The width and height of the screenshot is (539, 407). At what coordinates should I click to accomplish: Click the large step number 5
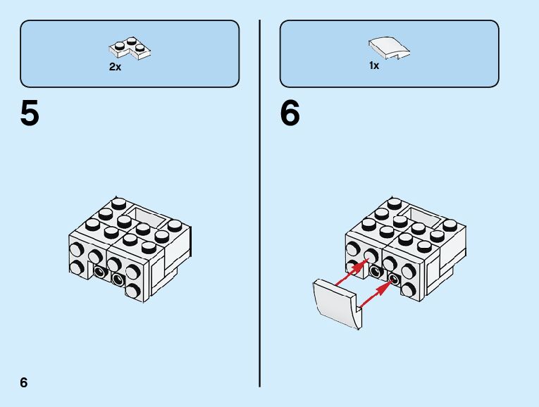point(30,115)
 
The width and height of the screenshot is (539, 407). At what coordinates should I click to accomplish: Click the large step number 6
point(290,115)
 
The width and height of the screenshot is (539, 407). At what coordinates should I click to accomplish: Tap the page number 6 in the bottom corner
point(24,382)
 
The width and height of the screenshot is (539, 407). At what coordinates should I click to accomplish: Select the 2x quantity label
point(115,67)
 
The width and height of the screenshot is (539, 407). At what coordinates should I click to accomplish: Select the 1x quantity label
point(374,65)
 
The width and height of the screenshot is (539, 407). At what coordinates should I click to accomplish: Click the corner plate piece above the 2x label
point(131,49)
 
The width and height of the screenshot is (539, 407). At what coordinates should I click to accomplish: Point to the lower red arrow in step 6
point(376,294)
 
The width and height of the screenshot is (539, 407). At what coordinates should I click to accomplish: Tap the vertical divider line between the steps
point(260,203)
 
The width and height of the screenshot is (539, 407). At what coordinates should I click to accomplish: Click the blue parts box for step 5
point(130,54)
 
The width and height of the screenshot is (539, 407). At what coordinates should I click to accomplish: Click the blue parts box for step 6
point(389,54)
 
